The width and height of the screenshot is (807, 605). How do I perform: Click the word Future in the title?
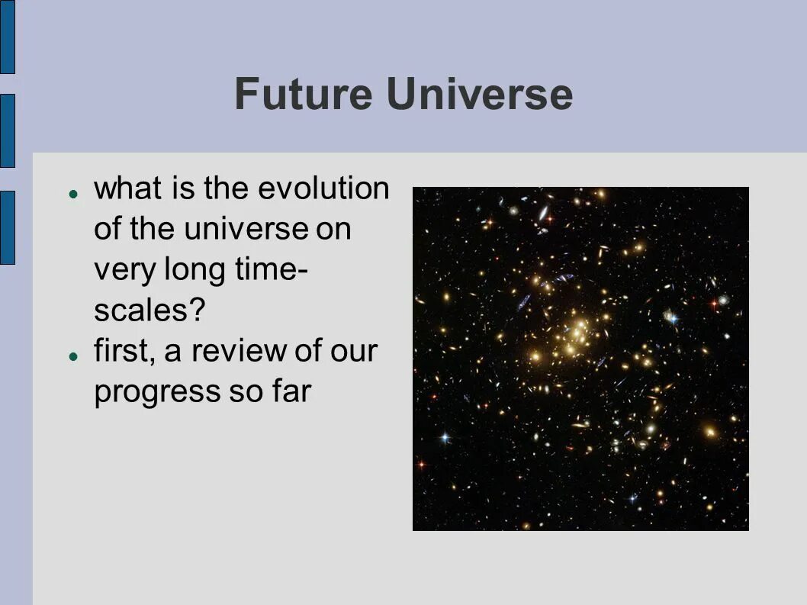[x=303, y=94]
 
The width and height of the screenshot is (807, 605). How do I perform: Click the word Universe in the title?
[x=480, y=94]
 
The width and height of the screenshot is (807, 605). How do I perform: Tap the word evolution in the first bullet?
[x=323, y=188]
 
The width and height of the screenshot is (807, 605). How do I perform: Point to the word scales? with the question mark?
[x=150, y=310]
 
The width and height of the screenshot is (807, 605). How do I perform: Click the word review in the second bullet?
[x=239, y=351]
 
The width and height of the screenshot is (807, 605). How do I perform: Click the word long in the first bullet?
[x=195, y=270]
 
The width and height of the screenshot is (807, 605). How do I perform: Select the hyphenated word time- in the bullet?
[x=272, y=269]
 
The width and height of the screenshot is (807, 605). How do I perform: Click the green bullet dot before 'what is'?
[x=73, y=194]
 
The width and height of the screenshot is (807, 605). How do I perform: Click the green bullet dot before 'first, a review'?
[x=73, y=356]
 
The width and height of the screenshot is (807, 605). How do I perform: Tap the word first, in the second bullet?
[x=124, y=351]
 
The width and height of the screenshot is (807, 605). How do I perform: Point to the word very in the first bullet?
[x=124, y=270]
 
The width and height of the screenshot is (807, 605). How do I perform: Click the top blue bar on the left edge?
[x=8, y=37]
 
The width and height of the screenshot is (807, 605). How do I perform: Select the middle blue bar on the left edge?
[x=8, y=130]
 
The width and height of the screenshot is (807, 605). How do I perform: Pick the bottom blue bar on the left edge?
[x=8, y=227]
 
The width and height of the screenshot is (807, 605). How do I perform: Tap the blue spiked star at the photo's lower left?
[x=445, y=438]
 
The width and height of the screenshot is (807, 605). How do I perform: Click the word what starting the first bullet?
[x=127, y=188]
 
